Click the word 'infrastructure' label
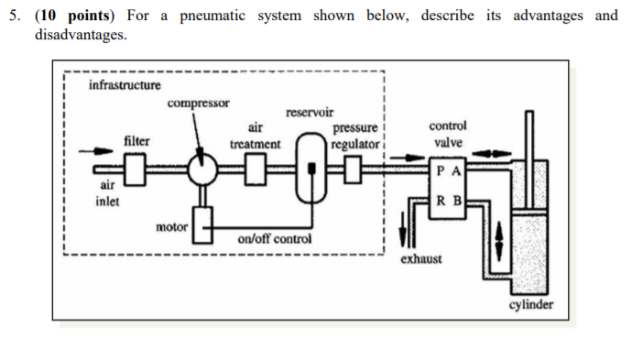pyautogui.click(x=125, y=85)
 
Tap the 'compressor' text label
pyautogui.click(x=198, y=103)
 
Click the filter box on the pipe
pyautogui.click(x=137, y=169)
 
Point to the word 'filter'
pyautogui.click(x=137, y=142)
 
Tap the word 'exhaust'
pyautogui.click(x=420, y=259)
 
